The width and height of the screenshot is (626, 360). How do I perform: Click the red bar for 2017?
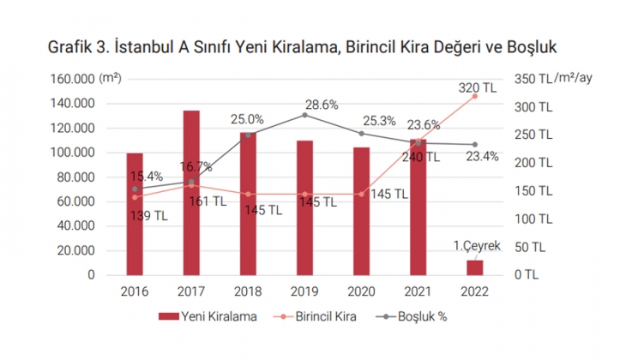[x=191, y=193]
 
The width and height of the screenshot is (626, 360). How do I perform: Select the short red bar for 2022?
[x=474, y=267]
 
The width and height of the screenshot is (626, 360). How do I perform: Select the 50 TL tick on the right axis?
[x=530, y=247]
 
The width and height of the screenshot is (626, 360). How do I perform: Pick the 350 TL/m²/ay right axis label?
[x=553, y=79]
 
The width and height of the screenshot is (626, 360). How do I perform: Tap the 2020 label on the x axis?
[x=361, y=291]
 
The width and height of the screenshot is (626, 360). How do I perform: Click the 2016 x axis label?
[x=135, y=291]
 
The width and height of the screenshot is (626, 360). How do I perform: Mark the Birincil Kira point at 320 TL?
[x=474, y=96]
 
